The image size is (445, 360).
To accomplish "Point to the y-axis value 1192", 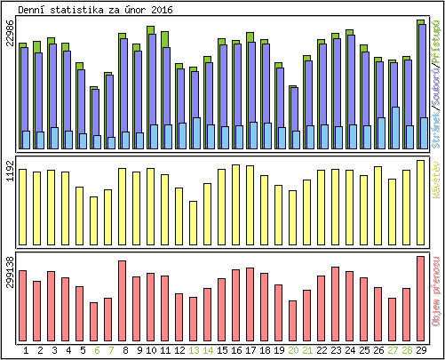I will (10, 171).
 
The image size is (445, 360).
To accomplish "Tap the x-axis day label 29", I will (421, 349).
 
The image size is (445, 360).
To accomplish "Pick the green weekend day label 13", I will (194, 349).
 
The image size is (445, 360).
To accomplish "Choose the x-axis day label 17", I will (250, 349).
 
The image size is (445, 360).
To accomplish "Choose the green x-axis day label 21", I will (307, 349).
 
